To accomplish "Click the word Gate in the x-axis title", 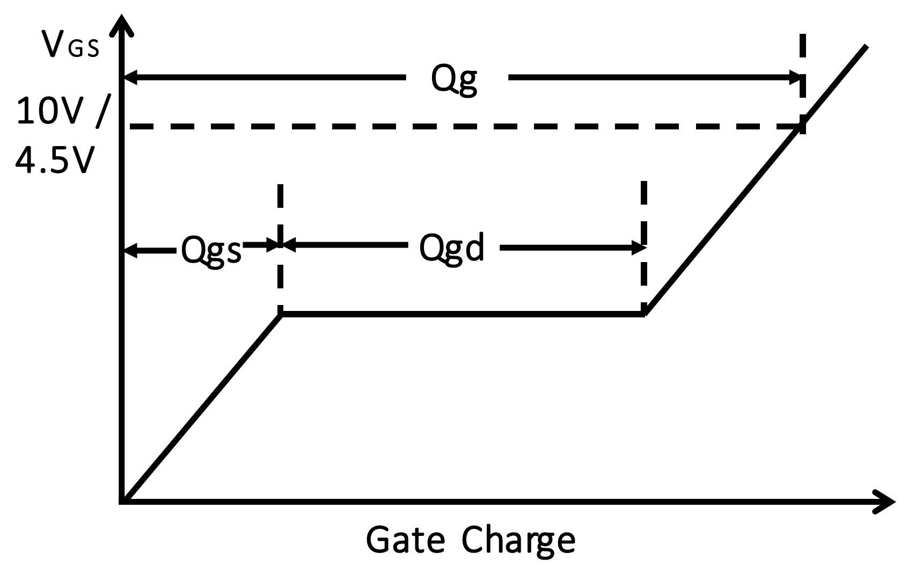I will [x=405, y=540].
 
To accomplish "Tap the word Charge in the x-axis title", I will [x=518, y=540].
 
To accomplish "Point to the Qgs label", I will [x=211, y=250].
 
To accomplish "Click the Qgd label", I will [x=451, y=249].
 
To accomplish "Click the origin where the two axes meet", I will [x=123, y=502].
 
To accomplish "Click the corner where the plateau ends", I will [x=645, y=314].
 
